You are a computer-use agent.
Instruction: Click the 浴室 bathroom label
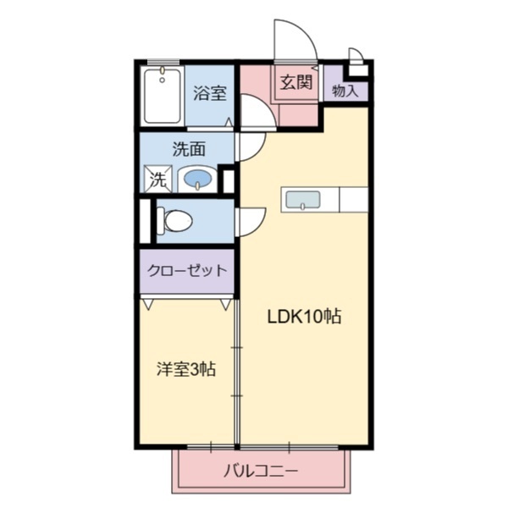[209, 93]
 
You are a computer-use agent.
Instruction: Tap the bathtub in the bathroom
[161, 96]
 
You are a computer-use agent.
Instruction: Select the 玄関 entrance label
[296, 83]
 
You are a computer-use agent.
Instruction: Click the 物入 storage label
[345, 90]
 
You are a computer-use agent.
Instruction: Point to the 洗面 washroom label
[188, 150]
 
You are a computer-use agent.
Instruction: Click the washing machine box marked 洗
[158, 179]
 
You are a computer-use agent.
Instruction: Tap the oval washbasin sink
[198, 179]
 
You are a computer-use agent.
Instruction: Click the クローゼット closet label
[187, 271]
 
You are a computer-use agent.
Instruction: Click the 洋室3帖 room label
[185, 369]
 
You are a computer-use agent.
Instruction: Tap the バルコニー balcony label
[261, 472]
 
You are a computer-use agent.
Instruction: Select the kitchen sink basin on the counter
[302, 200]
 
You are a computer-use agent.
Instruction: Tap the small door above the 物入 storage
[356, 58]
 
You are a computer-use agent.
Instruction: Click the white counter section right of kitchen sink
[353, 200]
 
